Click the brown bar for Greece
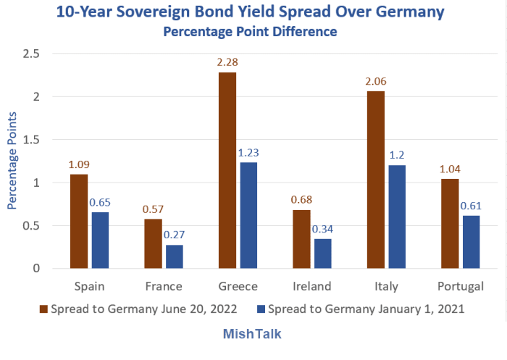point(227,170)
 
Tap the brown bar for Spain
point(80,221)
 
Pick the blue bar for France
point(175,256)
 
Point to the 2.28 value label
point(227,64)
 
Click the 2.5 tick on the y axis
point(30,54)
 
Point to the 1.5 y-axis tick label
point(30,140)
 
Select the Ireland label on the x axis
point(314,286)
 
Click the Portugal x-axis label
point(461,286)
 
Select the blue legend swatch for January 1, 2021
point(261,309)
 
